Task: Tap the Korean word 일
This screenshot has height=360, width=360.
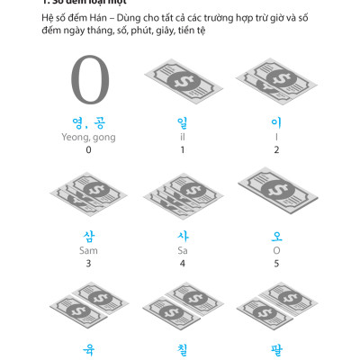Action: click(183, 122)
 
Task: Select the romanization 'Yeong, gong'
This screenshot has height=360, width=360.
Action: click(88, 137)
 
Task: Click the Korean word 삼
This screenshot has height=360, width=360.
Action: click(88, 237)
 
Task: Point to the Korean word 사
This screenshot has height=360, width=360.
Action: click(183, 237)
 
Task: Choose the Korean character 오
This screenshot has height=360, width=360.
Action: click(276, 237)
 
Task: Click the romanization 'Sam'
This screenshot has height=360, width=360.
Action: click(88, 251)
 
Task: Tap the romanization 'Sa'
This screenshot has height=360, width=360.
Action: click(183, 251)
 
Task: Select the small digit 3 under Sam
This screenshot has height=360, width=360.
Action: click(88, 264)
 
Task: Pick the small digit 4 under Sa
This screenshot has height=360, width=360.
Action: click(183, 264)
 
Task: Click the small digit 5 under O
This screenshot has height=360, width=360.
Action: click(276, 264)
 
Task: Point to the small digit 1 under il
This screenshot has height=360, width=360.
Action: click(183, 149)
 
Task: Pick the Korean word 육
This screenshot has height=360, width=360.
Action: click(88, 346)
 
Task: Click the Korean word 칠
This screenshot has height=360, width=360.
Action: click(183, 346)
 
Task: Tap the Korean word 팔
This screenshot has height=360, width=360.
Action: click(276, 346)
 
